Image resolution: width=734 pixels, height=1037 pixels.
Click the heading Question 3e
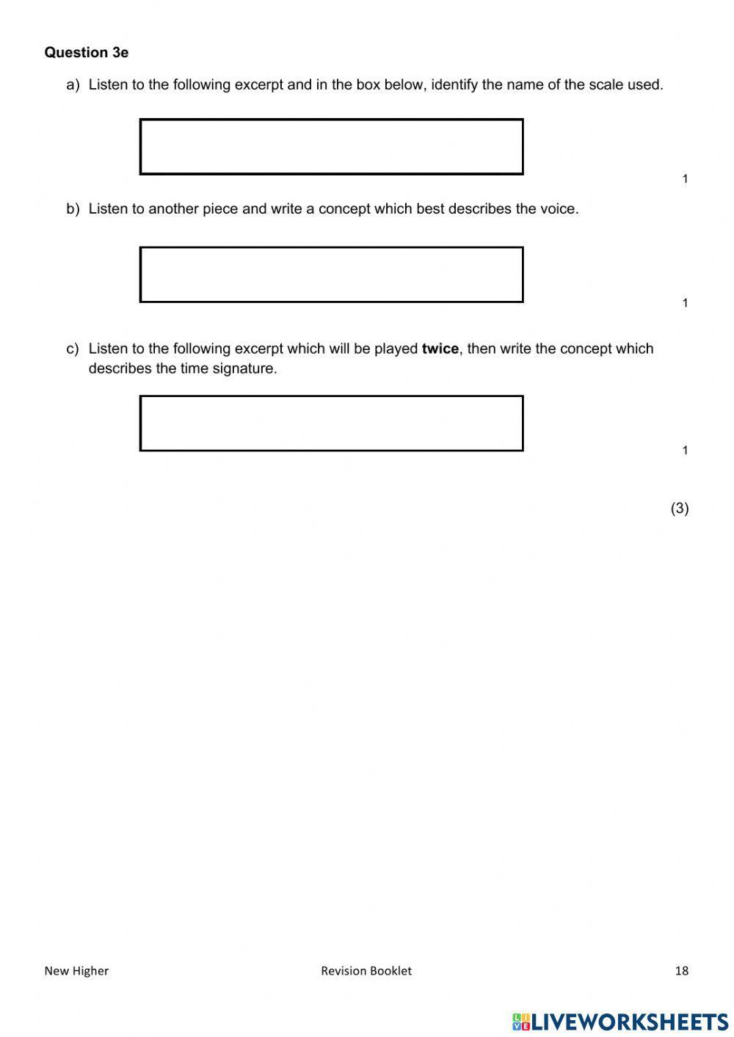click(86, 53)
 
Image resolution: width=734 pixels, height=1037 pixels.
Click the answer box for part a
click(331, 147)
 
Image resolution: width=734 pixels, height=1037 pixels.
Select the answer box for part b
click(331, 274)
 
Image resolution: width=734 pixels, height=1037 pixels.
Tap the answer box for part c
click(331, 423)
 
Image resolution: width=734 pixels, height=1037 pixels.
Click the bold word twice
click(440, 349)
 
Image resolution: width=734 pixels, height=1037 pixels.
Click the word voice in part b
click(559, 209)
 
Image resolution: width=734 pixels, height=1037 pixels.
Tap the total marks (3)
click(679, 508)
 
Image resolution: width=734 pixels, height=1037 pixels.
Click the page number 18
click(681, 971)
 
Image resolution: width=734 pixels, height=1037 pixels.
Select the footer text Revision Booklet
click(366, 971)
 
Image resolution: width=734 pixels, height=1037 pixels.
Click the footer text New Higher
click(76, 971)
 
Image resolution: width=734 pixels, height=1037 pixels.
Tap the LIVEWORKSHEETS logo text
click(629, 1021)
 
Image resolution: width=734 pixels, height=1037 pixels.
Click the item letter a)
click(72, 85)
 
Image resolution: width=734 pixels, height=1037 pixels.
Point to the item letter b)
click(72, 209)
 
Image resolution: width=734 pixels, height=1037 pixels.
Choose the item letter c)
click(72, 349)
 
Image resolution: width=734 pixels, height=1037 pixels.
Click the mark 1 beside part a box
click(685, 179)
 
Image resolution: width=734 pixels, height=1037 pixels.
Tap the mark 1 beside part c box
click(685, 451)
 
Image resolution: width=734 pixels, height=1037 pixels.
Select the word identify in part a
click(454, 85)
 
